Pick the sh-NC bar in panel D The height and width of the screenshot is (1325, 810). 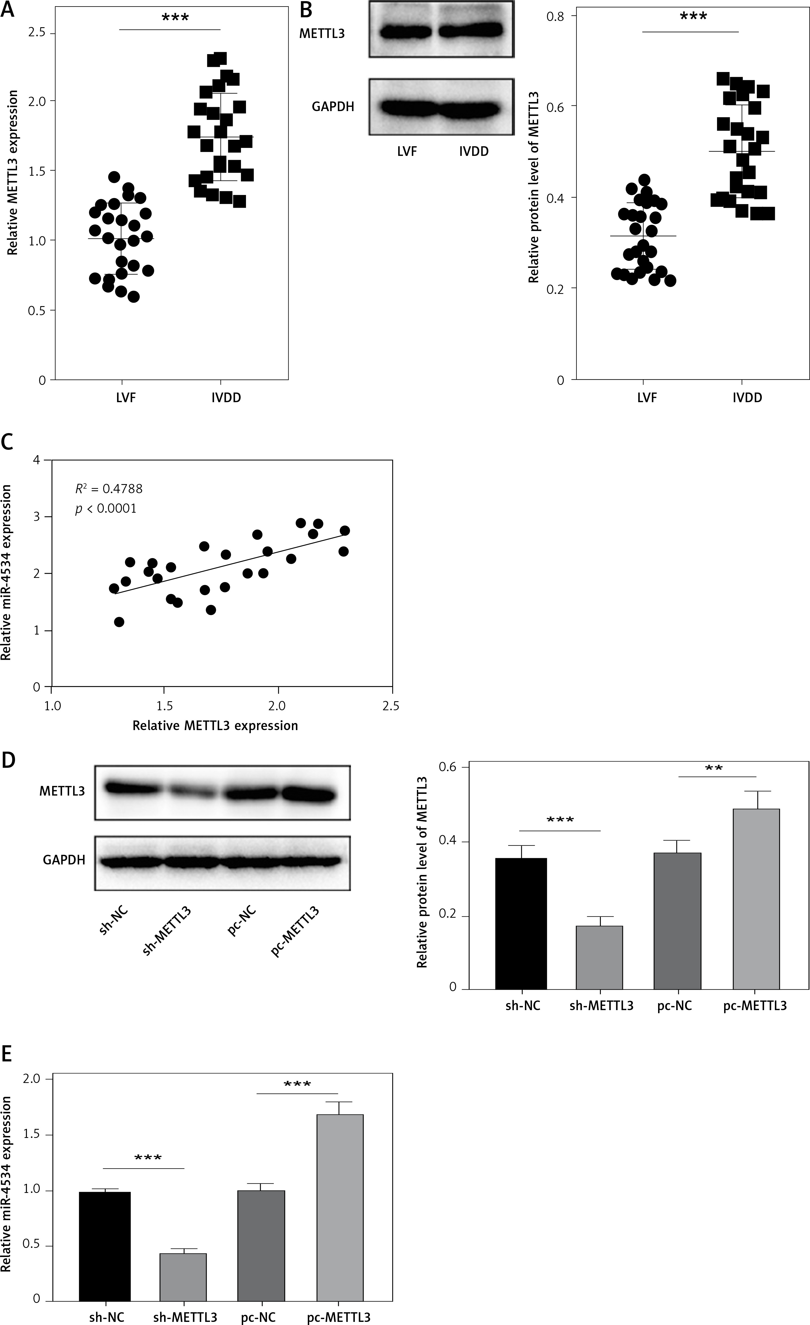521,923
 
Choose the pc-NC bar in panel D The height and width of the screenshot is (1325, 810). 677,921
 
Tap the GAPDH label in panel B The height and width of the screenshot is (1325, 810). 333,107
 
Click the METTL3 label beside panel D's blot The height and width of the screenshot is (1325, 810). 62,791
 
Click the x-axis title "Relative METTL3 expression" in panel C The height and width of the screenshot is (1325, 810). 215,725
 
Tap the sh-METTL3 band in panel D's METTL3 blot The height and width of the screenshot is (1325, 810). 192,793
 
